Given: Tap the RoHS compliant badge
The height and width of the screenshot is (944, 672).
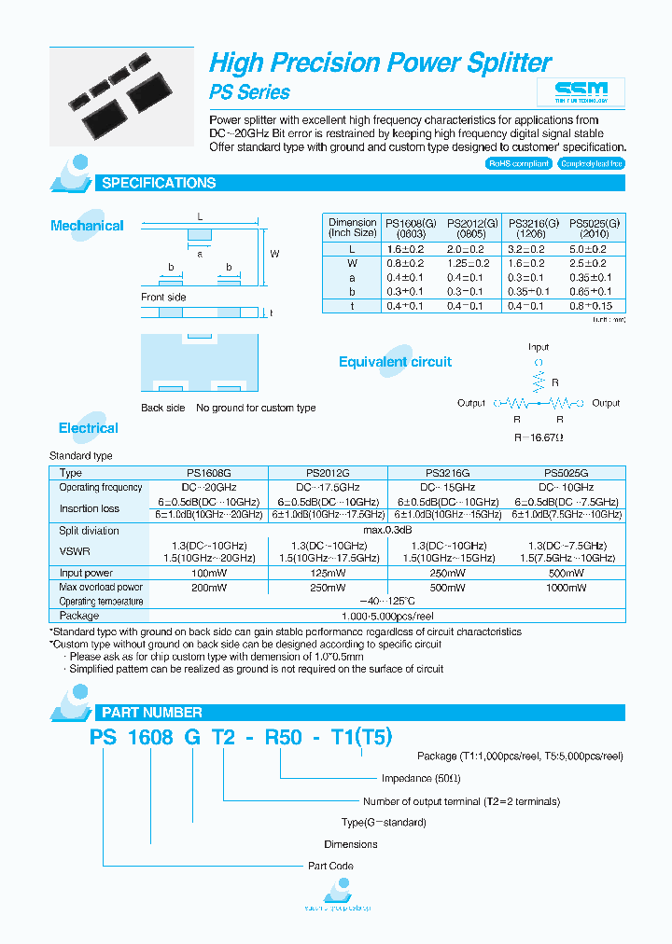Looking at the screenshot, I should tap(519, 163).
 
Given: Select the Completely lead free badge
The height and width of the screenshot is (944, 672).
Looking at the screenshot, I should tap(590, 163).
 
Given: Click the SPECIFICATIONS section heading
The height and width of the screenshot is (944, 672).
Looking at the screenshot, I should tap(159, 184).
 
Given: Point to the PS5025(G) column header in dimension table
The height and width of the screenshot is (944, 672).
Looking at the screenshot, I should tap(594, 228).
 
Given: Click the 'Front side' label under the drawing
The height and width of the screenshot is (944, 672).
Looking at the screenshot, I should tap(163, 298).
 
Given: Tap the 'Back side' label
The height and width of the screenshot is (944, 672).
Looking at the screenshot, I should tap(163, 408).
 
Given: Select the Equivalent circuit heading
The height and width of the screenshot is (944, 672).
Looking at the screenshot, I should tap(395, 362).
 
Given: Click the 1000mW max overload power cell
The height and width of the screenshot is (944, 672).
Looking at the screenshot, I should tap(566, 588).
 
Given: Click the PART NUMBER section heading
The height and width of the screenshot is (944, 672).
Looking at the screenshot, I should tap(151, 712).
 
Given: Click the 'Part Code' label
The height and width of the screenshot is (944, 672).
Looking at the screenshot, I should tap(330, 867).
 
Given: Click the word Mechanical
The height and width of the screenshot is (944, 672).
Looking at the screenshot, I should tap(87, 226).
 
